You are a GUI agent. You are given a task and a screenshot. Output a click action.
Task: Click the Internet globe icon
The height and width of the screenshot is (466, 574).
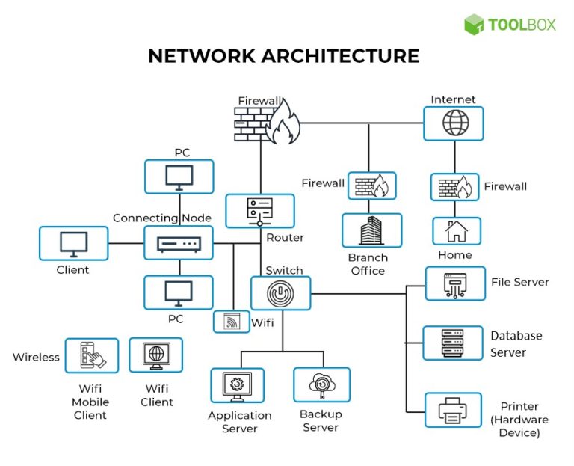(x=454, y=123)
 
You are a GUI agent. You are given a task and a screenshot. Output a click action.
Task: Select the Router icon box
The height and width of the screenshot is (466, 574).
(x=260, y=211)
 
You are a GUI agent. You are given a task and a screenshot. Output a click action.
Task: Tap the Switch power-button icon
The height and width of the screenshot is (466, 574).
(x=280, y=293)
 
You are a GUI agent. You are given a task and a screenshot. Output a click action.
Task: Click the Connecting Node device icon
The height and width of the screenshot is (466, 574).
(x=179, y=244)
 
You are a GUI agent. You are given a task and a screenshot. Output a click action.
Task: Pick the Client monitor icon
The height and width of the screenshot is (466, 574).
(x=73, y=244)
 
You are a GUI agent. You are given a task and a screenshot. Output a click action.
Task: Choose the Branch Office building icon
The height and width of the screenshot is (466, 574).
(x=371, y=230)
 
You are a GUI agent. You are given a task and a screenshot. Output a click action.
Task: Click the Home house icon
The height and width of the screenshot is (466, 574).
(x=456, y=231)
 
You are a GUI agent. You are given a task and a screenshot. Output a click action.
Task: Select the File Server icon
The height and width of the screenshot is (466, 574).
(x=455, y=283)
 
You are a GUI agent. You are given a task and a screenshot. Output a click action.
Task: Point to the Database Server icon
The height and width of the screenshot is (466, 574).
(x=453, y=343)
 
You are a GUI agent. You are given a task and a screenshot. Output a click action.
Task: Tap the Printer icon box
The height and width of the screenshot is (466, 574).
(x=453, y=409)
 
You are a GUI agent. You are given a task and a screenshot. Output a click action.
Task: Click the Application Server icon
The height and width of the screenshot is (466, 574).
(x=237, y=385)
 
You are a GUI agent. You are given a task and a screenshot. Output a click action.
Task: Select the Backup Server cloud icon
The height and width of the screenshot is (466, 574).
(x=321, y=384)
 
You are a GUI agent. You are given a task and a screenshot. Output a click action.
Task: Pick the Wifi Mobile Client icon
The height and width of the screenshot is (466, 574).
(x=91, y=355)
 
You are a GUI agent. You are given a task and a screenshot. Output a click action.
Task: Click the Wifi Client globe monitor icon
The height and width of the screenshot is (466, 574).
(x=155, y=355)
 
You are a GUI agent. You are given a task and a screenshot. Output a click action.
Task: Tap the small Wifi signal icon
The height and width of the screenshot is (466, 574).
(x=231, y=322)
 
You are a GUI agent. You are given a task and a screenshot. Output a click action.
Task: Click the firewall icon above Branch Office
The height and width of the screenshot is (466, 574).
(x=371, y=186)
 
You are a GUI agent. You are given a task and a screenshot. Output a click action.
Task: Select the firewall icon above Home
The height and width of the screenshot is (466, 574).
(x=454, y=186)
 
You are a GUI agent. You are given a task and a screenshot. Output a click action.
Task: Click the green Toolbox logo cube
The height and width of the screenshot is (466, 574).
(x=474, y=24)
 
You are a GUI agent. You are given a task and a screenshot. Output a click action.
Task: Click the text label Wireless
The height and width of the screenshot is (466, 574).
(x=36, y=357)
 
